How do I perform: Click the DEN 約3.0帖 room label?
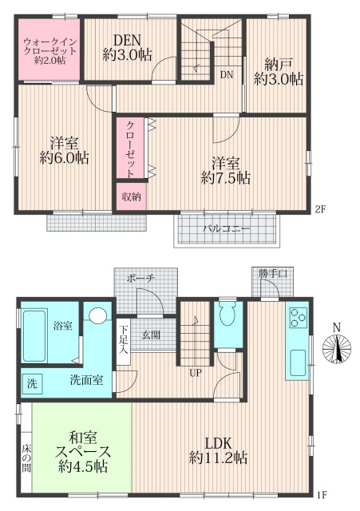click(x=127, y=47)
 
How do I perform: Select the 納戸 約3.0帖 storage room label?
click(x=278, y=70)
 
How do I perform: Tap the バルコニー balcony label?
click(x=225, y=228)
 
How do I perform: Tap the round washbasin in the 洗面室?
click(x=97, y=316)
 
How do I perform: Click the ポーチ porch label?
click(x=139, y=278)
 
